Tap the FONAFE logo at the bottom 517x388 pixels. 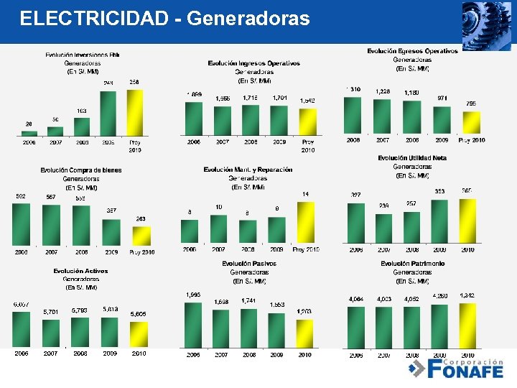[455, 368]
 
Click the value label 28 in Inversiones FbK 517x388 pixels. [29, 124]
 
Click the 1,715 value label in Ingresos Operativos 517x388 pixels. [251, 98]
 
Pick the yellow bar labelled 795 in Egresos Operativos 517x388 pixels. [471, 121]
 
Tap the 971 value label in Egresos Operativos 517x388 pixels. [442, 98]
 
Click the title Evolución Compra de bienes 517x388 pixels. [81, 170]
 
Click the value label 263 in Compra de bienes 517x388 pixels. [141, 219]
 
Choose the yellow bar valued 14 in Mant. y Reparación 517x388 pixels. [305, 223]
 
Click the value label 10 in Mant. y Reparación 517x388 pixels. [219, 207]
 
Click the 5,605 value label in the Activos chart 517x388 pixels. [139, 314]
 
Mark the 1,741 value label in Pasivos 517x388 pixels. [249, 300]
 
